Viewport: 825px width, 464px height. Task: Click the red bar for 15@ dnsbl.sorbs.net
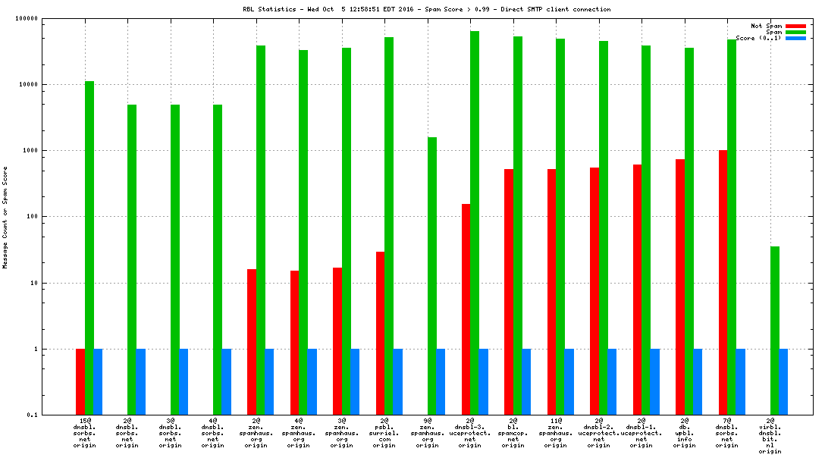(x=80, y=381)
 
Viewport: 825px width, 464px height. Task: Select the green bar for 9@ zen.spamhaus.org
(x=432, y=276)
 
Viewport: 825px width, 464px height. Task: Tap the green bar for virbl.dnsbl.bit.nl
(x=775, y=331)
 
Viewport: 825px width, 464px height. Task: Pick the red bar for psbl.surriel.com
(x=380, y=333)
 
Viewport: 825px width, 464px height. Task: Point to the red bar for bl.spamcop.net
(x=509, y=292)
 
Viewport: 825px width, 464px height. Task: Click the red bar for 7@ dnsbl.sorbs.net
(x=723, y=282)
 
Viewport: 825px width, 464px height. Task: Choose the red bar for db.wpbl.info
(x=680, y=287)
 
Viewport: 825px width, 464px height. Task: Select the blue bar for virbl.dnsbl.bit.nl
(x=783, y=381)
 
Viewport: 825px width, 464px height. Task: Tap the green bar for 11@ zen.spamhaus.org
(x=560, y=227)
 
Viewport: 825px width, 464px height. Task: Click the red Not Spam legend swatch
(x=795, y=26)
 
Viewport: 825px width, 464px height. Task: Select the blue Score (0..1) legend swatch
(x=795, y=38)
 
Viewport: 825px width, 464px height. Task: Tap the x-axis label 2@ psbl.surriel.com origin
(x=384, y=432)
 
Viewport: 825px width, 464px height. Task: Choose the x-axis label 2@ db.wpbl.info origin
(x=684, y=432)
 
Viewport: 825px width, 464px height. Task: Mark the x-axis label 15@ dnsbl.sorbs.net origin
(x=85, y=432)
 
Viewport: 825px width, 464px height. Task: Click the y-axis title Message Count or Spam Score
(x=5, y=217)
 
